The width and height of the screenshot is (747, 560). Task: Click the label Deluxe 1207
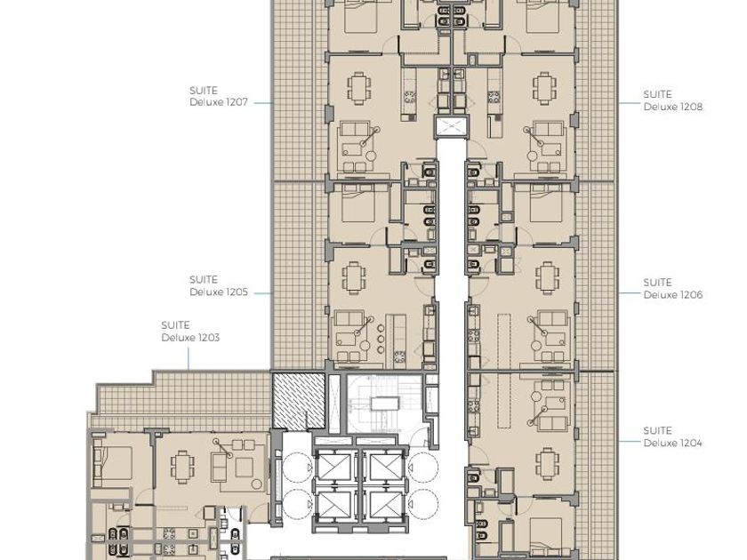coord(219,102)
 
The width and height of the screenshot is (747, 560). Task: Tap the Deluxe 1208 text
coord(672,107)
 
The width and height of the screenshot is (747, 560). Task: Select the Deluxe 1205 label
coord(219,292)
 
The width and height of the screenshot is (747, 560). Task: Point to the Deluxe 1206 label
coord(672,295)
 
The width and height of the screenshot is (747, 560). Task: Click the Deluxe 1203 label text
coord(190,338)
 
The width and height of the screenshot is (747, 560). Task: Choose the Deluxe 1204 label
coord(672,443)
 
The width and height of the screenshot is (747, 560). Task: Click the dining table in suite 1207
coord(357,88)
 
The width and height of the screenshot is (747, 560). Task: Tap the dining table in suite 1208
coord(543,88)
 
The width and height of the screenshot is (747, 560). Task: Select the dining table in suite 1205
coord(355,276)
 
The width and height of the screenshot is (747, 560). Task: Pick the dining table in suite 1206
coord(547,276)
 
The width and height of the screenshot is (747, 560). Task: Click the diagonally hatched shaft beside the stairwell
coord(298,401)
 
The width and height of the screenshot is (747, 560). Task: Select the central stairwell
coord(384,404)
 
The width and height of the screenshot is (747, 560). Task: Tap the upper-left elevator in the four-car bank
coord(335,467)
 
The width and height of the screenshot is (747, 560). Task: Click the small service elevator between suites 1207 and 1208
coord(450,126)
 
